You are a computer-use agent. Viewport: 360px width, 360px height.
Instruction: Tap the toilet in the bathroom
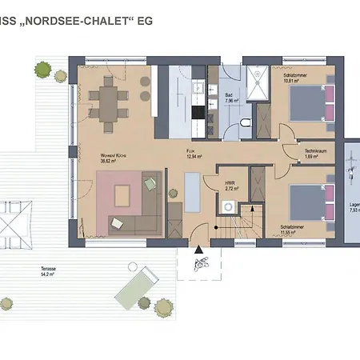(246, 122)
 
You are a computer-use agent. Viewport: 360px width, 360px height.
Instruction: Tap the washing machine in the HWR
(229, 207)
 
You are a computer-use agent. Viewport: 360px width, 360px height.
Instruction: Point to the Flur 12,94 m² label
(191, 154)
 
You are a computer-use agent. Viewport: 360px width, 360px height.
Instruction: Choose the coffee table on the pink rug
(123, 194)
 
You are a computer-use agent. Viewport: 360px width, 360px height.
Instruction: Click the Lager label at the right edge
(354, 206)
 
